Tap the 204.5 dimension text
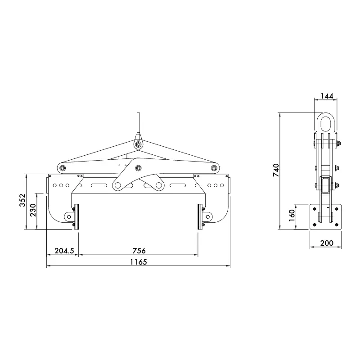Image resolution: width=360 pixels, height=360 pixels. pos(63,251)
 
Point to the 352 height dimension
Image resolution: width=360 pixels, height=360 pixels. pos(22,201)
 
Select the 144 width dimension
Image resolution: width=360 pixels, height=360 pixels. pos(326,96)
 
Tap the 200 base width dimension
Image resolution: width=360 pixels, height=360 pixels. pos(326,243)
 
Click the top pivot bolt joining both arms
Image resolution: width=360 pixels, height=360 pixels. pos(138,144)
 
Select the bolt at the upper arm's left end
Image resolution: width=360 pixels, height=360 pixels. pos(62,168)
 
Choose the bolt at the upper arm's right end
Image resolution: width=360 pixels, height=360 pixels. pos(215,168)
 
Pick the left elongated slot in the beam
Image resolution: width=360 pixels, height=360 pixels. pos(99,185)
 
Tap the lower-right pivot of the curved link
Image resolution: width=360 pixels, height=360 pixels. pos(158,185)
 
